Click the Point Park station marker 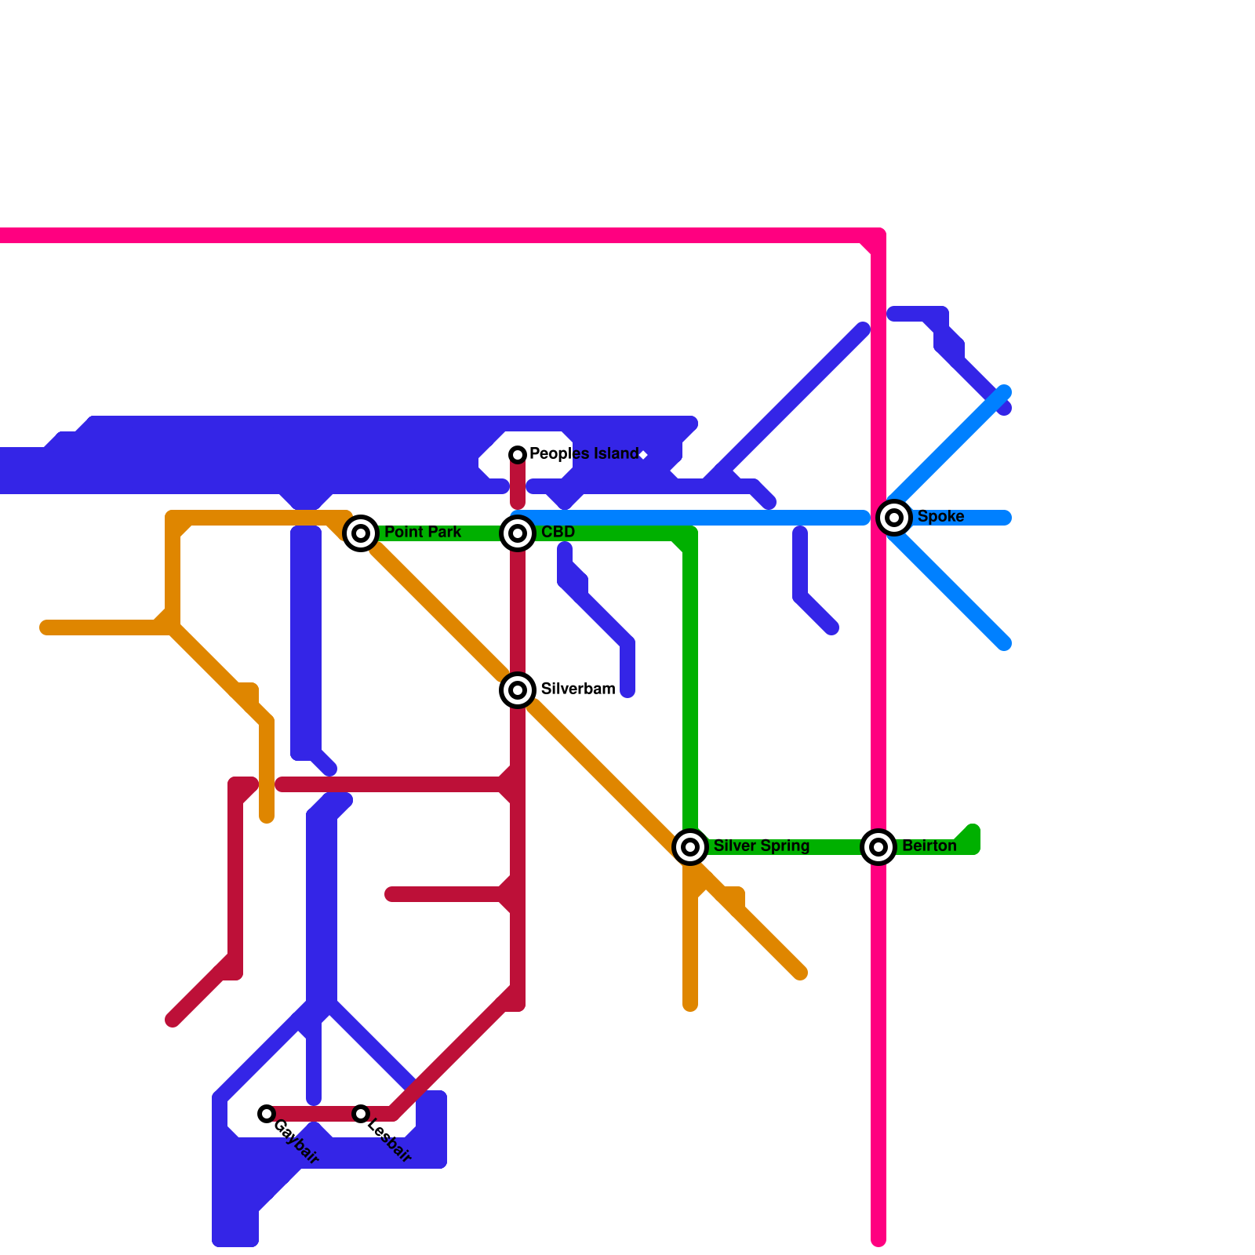361,533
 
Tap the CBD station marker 518,533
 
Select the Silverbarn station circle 518,690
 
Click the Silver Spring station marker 690,847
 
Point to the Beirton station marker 878,847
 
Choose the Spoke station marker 894,518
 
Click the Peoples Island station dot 518,455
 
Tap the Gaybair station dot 267,1114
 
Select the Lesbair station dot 361,1114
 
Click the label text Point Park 423,532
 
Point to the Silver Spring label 761,846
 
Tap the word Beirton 929,846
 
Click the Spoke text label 940,516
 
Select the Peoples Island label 584,453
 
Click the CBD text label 558,532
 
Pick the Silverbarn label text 577,689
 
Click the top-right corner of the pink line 878,235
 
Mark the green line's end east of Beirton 973,833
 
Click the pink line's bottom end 878,1239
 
